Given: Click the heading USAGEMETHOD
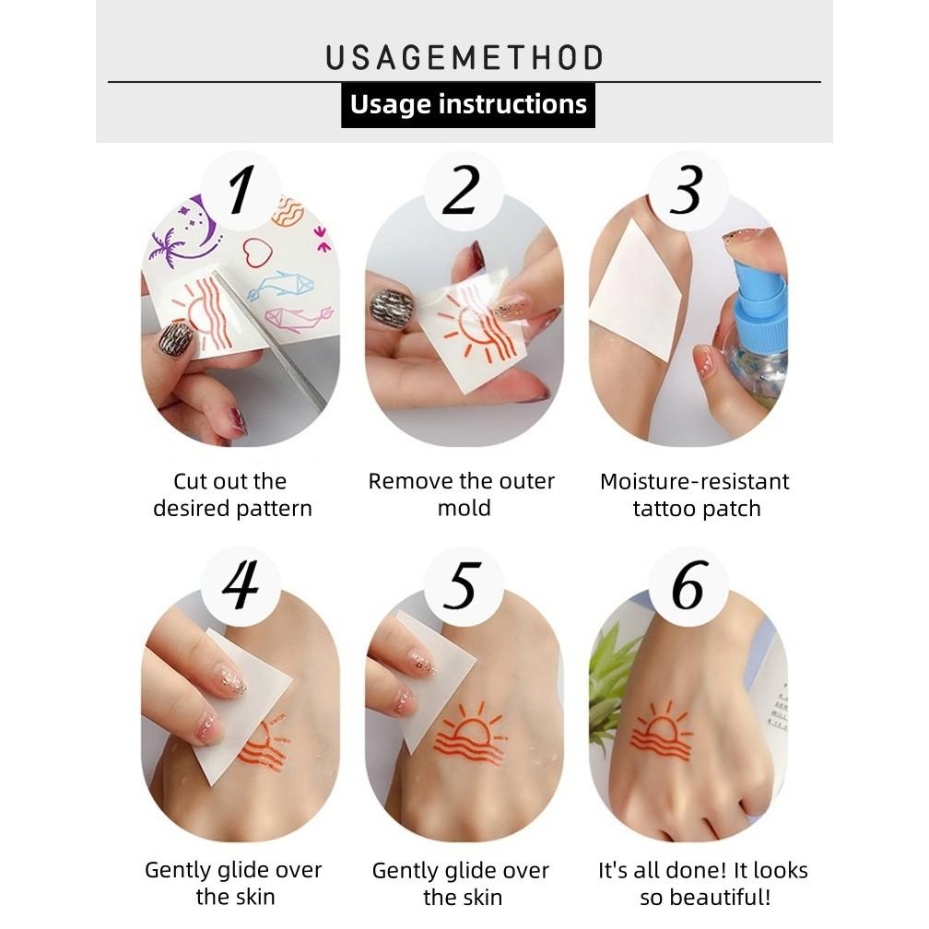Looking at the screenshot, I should [x=464, y=57].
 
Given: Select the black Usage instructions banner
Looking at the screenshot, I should [x=468, y=104].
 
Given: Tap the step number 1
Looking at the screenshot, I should [x=241, y=192].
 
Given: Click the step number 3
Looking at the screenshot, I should [x=687, y=192].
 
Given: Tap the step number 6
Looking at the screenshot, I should [x=688, y=586].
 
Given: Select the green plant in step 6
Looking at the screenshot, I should [x=608, y=682].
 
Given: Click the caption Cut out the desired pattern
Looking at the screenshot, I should [x=232, y=495].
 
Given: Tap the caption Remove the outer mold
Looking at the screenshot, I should [x=462, y=495].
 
